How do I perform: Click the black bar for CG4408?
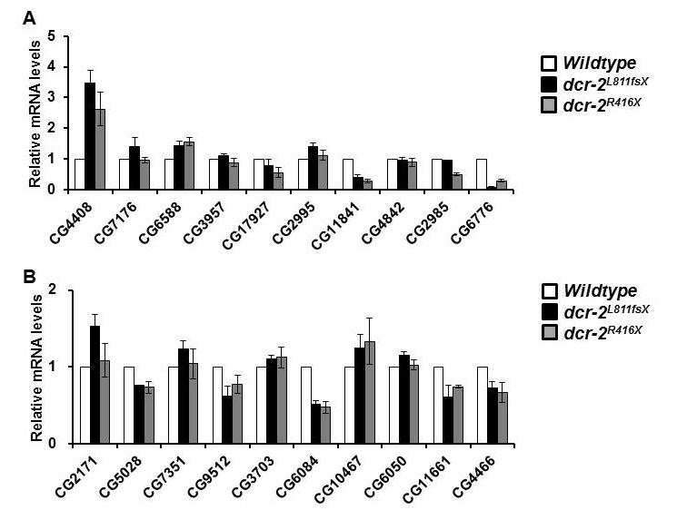coord(90,136)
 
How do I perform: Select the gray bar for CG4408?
coord(100,149)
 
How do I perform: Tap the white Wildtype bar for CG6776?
coord(481,174)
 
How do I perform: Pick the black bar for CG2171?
coord(95,385)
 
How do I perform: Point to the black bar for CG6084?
coord(316,424)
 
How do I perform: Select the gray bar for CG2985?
coord(457,181)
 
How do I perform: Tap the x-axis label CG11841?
coord(336,225)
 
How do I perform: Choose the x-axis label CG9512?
coord(211,476)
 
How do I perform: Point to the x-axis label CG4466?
coord(475,476)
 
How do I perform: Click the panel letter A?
coord(29,18)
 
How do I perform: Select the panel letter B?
coord(29,277)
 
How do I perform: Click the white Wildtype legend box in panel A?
coord(548,64)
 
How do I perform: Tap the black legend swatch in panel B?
coord(549,311)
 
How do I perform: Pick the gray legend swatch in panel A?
coord(548,105)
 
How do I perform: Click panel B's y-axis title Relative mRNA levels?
coord(37,368)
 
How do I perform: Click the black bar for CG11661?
coord(448,420)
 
